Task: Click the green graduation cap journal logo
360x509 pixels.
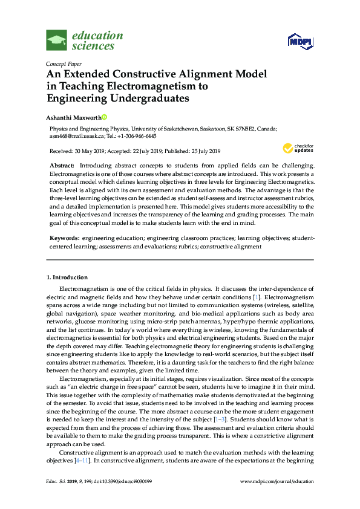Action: pyautogui.click(x=57, y=41)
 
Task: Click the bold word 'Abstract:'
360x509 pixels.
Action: pyautogui.click(x=62, y=165)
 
